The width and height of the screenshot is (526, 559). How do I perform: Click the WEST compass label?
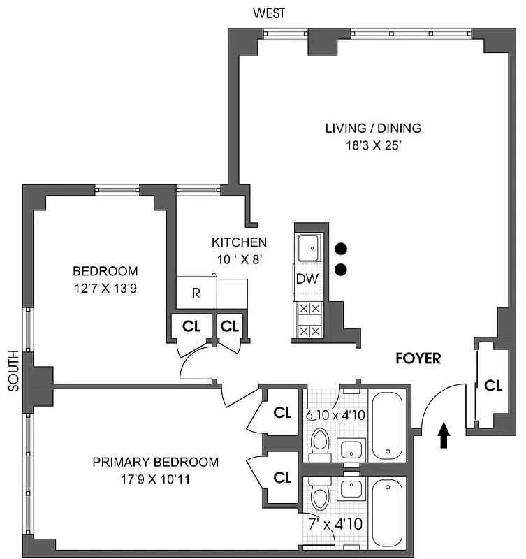pyautogui.click(x=269, y=12)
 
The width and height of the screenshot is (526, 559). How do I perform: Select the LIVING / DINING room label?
pyautogui.click(x=373, y=128)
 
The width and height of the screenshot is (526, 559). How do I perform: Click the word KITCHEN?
pyautogui.click(x=239, y=242)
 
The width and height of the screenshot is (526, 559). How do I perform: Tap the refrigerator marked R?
pyautogui.click(x=196, y=292)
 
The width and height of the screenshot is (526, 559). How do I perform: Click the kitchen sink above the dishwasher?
pyautogui.click(x=307, y=247)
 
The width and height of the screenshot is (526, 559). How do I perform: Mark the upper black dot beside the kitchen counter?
pyautogui.click(x=341, y=249)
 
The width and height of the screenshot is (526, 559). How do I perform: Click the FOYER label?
pyautogui.click(x=418, y=358)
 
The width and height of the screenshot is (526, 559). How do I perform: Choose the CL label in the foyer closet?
pyautogui.click(x=493, y=385)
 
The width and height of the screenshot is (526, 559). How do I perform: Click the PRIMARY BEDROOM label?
pyautogui.click(x=156, y=462)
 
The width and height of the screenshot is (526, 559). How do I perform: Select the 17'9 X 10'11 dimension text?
pyautogui.click(x=156, y=479)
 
